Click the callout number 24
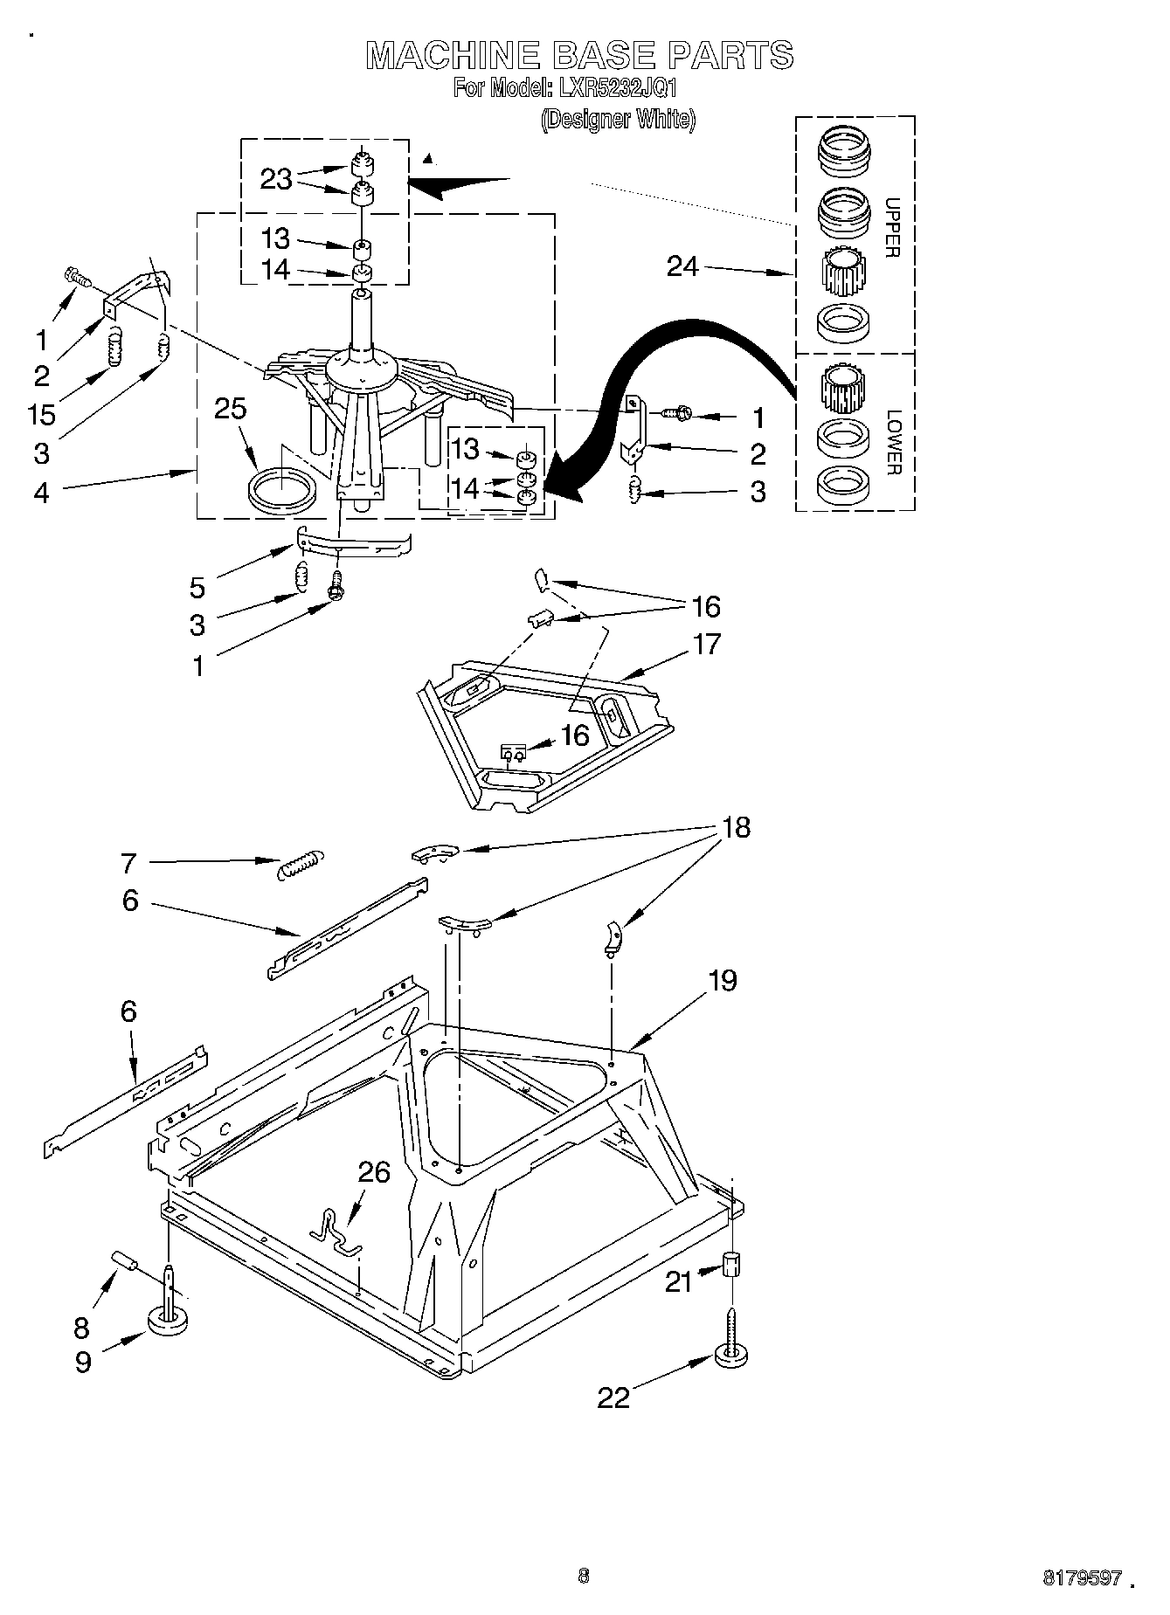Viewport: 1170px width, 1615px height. coord(682,266)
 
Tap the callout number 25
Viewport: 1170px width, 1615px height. coord(231,409)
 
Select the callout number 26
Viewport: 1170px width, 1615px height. coord(374,1172)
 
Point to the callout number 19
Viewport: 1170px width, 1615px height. coord(723,980)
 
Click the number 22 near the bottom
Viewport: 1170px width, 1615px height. coord(613,1398)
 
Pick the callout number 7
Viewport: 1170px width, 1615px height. coord(128,864)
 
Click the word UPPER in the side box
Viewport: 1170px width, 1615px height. coord(892,227)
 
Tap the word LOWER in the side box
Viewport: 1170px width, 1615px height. coord(892,442)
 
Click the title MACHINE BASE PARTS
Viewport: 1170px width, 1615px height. coord(579,55)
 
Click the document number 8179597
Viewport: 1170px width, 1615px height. coord(1082,1578)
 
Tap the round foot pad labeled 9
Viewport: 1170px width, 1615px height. coord(170,1321)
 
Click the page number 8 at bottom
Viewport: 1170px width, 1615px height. coord(584,1576)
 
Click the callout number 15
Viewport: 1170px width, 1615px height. coord(42,414)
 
